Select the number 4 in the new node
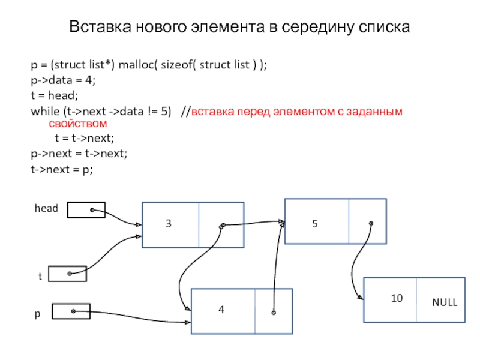click(221, 310)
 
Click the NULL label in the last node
click(445, 302)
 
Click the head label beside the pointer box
click(46, 209)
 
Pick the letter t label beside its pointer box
click(40, 277)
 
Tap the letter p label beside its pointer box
click(37, 313)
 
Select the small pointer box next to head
click(86, 210)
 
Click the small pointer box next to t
click(67, 274)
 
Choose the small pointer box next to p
click(71, 311)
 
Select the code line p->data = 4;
click(62, 80)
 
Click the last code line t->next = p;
click(62, 170)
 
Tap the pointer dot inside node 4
click(274, 313)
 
